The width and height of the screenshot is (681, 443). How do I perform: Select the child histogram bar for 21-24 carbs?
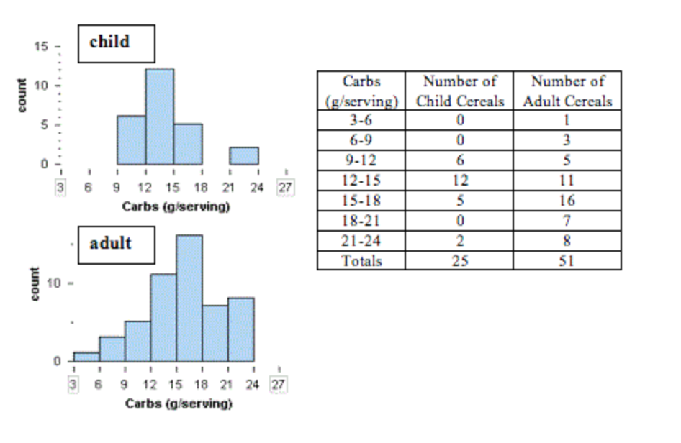point(244,156)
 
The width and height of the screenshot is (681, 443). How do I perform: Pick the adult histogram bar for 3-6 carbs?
point(86,357)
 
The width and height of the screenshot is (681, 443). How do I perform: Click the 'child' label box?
point(115,42)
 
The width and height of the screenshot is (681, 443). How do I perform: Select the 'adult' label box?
point(115,244)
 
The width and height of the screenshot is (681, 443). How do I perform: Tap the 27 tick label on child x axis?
point(286,188)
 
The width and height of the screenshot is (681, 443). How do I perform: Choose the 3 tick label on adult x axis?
point(73,384)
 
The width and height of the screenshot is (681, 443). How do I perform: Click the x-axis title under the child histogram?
point(176,207)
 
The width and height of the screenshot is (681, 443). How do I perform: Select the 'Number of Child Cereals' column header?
point(459,91)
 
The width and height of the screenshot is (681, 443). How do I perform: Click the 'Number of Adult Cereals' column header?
point(567,91)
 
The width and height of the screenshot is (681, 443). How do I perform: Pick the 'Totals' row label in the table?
point(361,260)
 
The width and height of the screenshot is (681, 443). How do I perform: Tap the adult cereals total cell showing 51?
point(567,260)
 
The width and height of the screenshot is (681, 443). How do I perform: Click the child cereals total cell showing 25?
point(459,260)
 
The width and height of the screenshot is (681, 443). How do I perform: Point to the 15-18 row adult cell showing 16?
point(567,201)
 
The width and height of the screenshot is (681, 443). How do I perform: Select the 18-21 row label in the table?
point(361,221)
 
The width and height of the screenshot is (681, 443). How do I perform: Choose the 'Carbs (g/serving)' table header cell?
point(361,91)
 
